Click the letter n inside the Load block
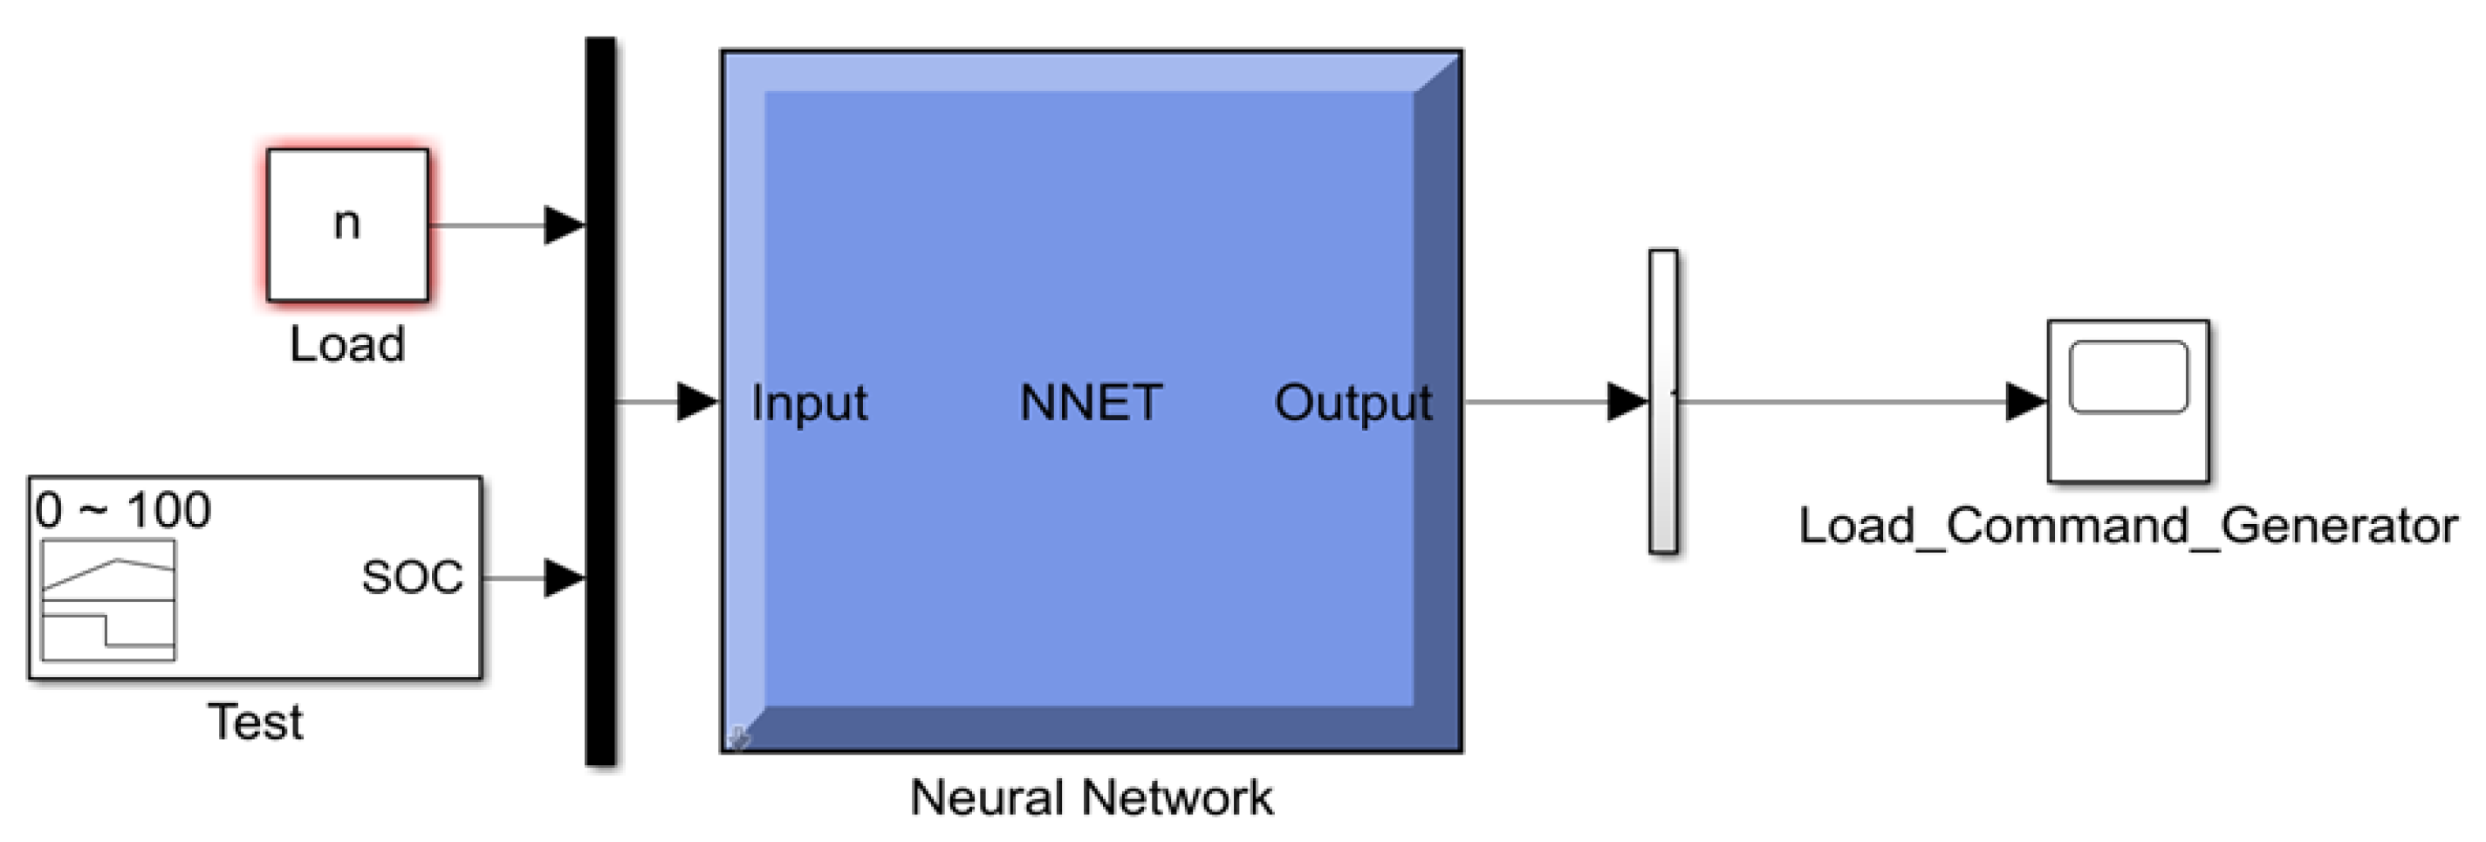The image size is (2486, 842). [x=346, y=224]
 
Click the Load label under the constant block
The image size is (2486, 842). [x=347, y=345]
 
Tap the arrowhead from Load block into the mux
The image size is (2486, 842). [x=565, y=225]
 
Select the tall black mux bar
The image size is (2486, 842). [x=600, y=401]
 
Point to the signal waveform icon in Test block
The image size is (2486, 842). [x=108, y=600]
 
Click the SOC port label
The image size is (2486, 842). [x=412, y=577]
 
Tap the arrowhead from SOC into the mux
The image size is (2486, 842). [x=565, y=578]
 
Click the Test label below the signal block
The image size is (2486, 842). [x=256, y=722]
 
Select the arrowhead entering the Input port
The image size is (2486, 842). [x=698, y=402]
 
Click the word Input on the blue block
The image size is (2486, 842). [x=809, y=403]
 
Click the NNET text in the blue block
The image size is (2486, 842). [x=1091, y=403]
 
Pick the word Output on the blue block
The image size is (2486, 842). [x=1353, y=403]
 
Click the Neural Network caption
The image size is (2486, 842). [x=1092, y=797]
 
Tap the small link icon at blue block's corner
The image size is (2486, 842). [x=738, y=738]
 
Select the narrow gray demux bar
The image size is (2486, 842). [x=1663, y=401]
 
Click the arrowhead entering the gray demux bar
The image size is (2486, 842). [x=1627, y=402]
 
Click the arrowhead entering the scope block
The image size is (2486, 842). [x=2025, y=402]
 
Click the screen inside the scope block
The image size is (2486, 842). [x=2129, y=376]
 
